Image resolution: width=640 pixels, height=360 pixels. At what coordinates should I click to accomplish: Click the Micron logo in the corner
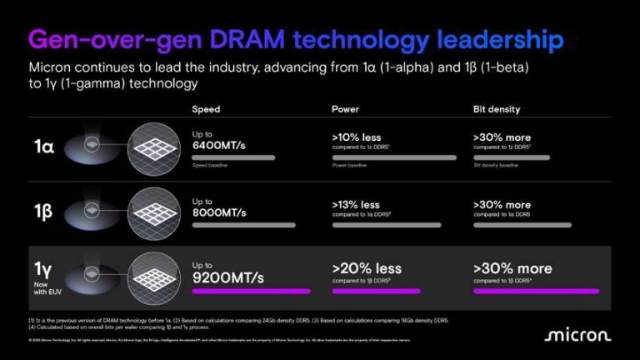click(578, 335)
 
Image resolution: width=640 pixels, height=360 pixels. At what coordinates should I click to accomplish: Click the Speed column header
click(207, 109)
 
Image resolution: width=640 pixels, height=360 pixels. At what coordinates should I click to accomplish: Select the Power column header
click(345, 109)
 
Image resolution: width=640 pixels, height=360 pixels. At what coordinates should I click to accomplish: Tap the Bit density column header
click(496, 109)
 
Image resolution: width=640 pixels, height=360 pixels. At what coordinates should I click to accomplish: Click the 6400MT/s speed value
click(221, 145)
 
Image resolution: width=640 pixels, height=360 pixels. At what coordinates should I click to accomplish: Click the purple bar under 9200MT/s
click(251, 292)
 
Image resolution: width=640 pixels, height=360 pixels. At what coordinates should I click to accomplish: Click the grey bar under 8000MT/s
click(244, 224)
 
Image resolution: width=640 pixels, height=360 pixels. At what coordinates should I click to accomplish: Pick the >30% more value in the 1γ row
click(512, 268)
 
